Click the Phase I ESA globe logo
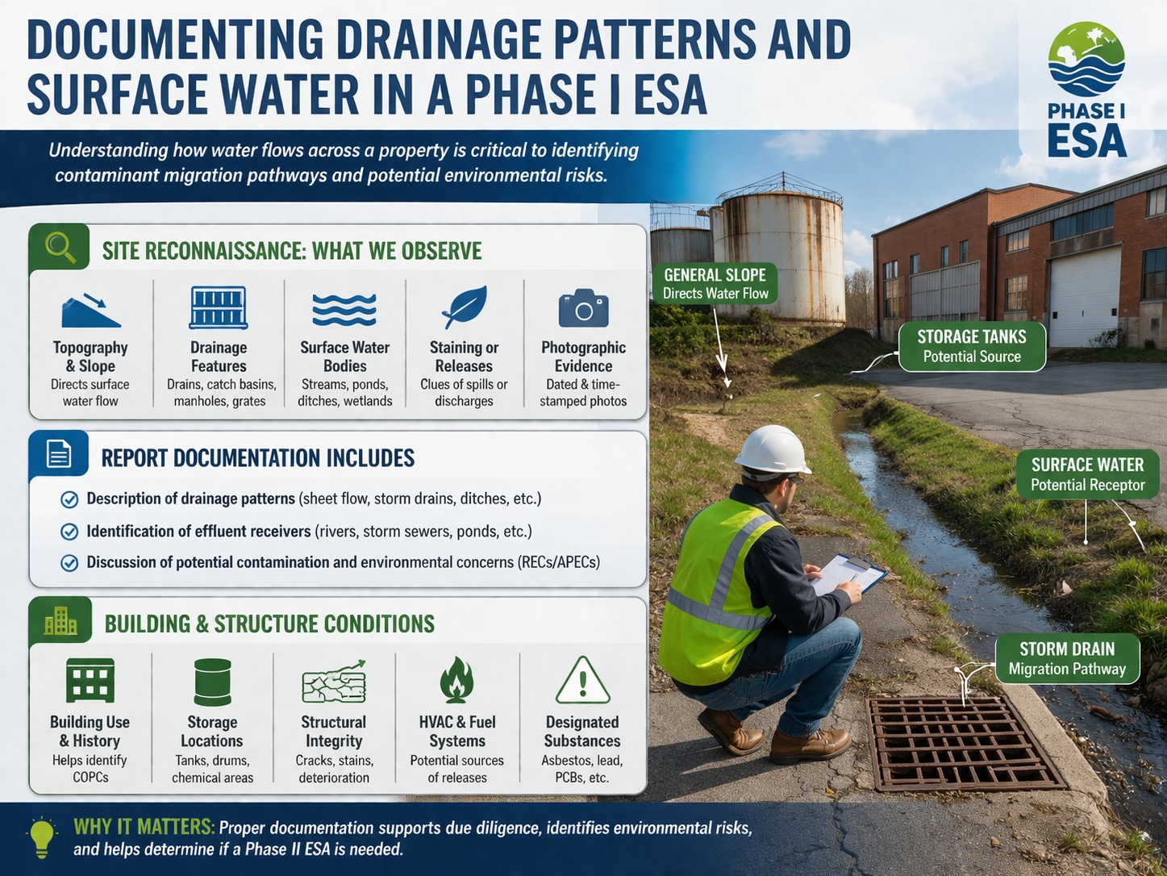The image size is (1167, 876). (1086, 60)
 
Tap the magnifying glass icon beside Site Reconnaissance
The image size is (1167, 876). (60, 246)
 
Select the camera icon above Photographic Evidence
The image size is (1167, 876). (583, 308)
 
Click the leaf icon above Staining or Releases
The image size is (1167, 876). (464, 307)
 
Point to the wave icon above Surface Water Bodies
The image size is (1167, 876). (344, 309)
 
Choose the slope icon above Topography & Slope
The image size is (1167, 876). (90, 311)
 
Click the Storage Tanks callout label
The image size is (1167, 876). (971, 347)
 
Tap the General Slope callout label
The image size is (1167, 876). (715, 283)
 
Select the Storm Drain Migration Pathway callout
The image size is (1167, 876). (1066, 659)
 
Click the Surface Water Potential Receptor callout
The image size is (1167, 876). (1086, 474)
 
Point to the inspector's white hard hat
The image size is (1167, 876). (772, 450)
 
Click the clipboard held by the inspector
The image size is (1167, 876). (848, 574)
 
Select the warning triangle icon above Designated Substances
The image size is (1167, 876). (582, 681)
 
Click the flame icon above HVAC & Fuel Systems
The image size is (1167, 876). (456, 680)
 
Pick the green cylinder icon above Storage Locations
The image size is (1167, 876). (212, 682)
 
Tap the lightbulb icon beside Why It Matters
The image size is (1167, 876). (42, 836)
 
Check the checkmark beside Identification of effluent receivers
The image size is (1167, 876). (70, 532)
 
